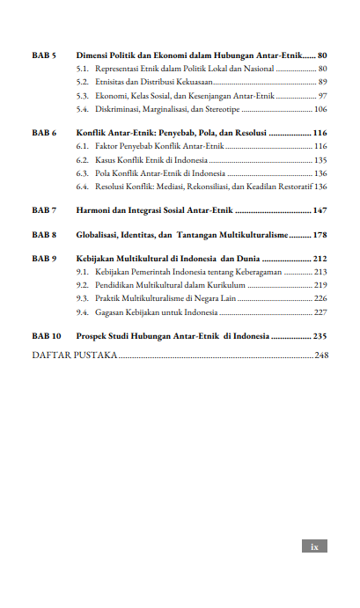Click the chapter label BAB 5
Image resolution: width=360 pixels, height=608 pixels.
[x=44, y=55]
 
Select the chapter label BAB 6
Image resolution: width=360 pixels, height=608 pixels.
[x=44, y=132]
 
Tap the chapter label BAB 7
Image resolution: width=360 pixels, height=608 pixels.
[x=44, y=210]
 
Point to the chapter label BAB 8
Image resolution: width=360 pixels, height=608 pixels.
[x=44, y=235]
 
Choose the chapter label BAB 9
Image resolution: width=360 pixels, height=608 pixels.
[x=44, y=260]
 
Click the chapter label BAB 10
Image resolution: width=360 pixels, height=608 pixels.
[x=47, y=336]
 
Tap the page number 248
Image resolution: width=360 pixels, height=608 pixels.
[x=320, y=355]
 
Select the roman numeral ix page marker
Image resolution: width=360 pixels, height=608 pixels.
[x=314, y=546]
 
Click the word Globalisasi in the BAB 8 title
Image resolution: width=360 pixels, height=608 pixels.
[x=98, y=235]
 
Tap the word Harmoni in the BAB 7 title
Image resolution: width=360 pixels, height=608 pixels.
[x=92, y=210]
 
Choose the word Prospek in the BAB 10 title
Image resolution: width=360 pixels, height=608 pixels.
[x=91, y=336]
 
